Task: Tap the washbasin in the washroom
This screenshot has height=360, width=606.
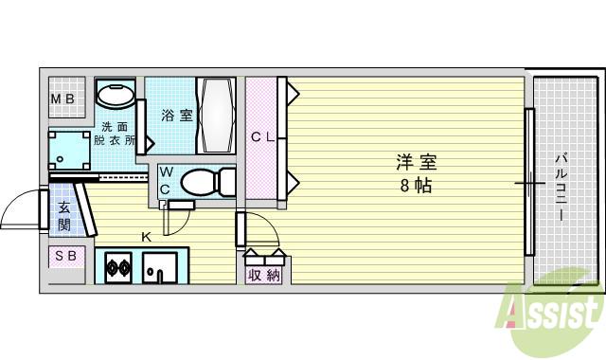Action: (x=117, y=97)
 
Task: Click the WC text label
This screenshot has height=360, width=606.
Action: (x=166, y=181)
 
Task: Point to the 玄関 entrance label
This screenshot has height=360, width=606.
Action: (x=64, y=217)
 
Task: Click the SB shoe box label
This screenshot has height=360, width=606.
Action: (x=66, y=256)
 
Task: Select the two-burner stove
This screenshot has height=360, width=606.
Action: (x=119, y=267)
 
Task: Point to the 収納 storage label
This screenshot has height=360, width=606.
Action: (x=264, y=275)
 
